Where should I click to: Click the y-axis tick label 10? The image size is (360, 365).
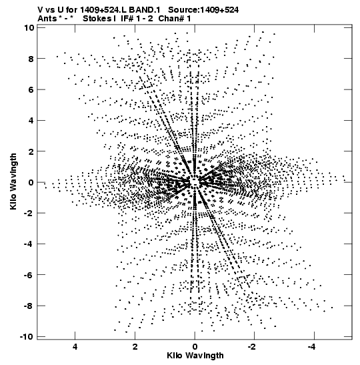pos(29,28)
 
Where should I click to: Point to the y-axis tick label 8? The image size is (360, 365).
pos(31,59)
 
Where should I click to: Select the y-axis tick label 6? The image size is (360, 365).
pos(31,89)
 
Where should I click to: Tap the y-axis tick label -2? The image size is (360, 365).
pos(29,213)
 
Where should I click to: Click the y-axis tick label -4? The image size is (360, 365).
pos(29,244)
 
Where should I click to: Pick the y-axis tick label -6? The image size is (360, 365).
pos(29,275)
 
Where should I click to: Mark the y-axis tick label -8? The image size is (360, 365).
pos(29,306)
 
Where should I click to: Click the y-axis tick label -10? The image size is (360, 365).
pos(27,336)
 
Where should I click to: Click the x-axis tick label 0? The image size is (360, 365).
pos(195,347)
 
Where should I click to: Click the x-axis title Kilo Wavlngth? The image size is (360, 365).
pos(195,356)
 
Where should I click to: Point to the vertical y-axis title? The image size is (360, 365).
pos(13,181)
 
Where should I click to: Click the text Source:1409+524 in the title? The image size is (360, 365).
pos(203,10)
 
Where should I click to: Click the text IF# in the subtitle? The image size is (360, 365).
pos(127,19)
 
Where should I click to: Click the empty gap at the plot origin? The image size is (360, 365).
pos(195,181)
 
